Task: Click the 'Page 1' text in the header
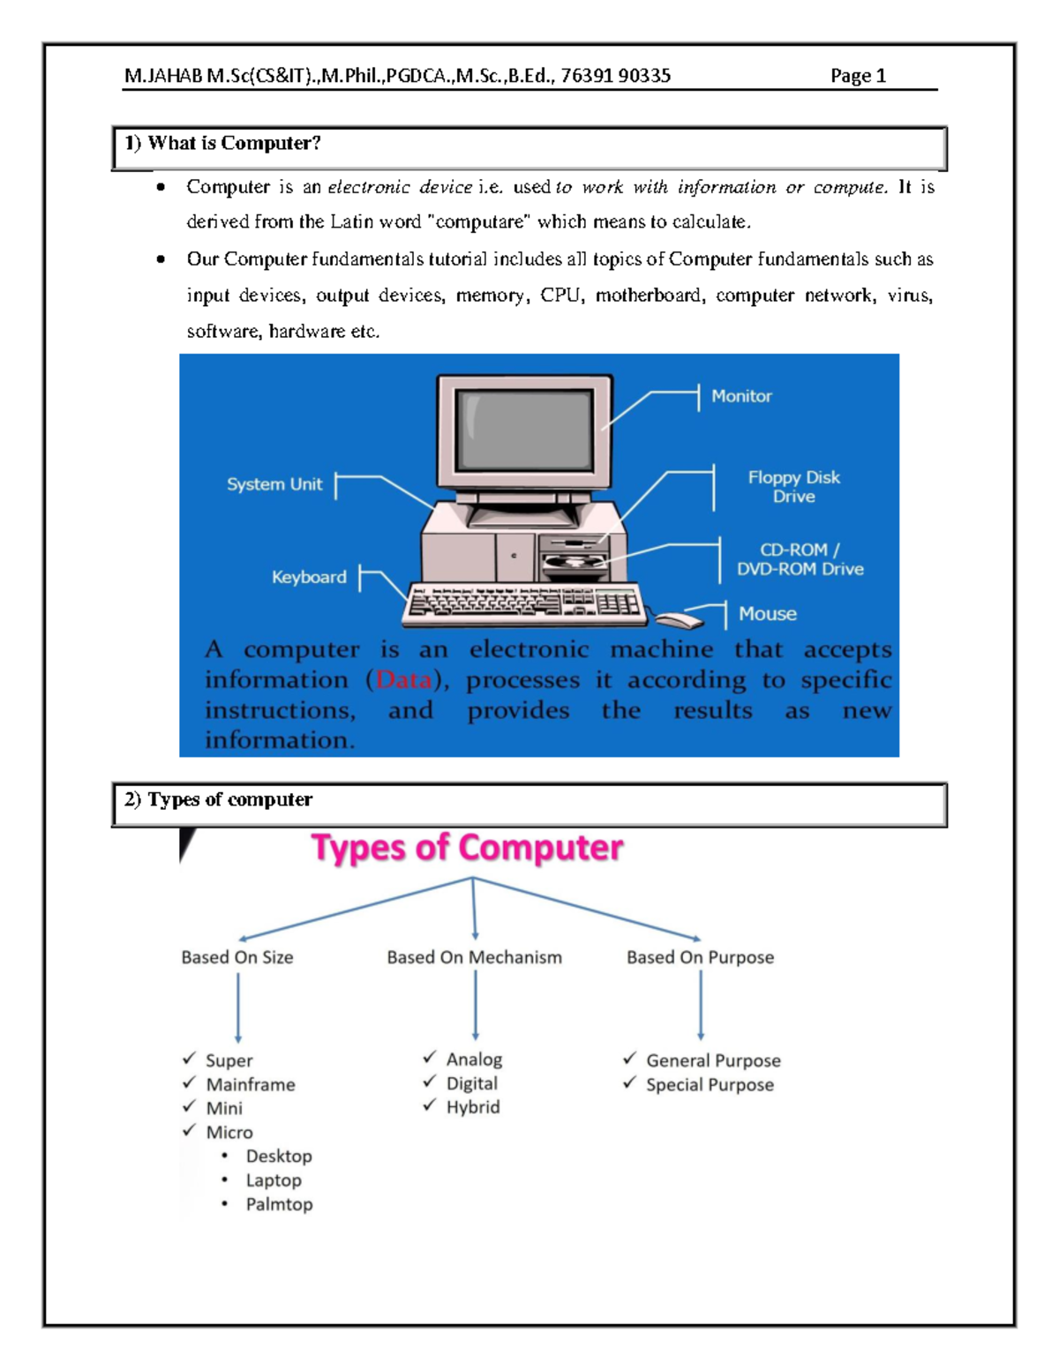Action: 858,76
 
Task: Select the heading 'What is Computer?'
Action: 234,143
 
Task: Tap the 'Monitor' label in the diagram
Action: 741,396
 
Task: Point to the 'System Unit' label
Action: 274,484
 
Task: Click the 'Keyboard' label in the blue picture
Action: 309,577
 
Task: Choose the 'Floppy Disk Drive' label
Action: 793,487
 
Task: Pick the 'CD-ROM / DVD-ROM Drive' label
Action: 800,559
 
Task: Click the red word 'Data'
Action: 404,680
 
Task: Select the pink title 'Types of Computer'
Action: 467,848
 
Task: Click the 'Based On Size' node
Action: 237,957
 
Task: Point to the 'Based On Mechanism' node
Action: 474,957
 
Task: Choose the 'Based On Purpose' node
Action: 700,957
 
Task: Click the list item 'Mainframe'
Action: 251,1084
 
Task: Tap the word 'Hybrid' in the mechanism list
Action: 473,1107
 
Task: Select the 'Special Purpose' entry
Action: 710,1085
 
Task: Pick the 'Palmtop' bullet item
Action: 279,1204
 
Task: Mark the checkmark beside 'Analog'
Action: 430,1057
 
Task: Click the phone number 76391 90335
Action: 615,76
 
